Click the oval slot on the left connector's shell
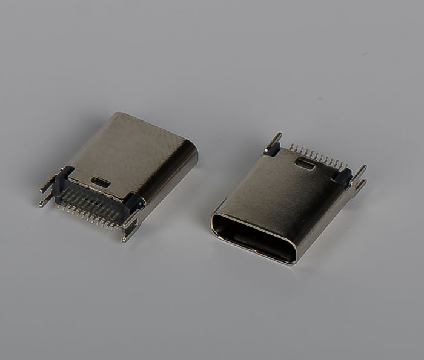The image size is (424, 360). coord(101,181)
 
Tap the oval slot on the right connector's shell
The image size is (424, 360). coord(306,163)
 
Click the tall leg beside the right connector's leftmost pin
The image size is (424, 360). coord(275,140)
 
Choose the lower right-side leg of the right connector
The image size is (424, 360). coord(359,185)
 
